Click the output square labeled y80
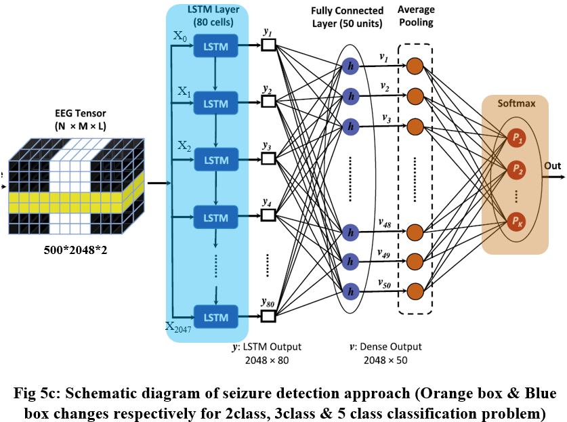[x=268, y=315]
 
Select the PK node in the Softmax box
[x=516, y=220]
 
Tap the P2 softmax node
[x=516, y=167]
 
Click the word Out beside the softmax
[x=552, y=165]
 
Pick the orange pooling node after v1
[x=415, y=66]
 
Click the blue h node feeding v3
[x=350, y=125]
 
